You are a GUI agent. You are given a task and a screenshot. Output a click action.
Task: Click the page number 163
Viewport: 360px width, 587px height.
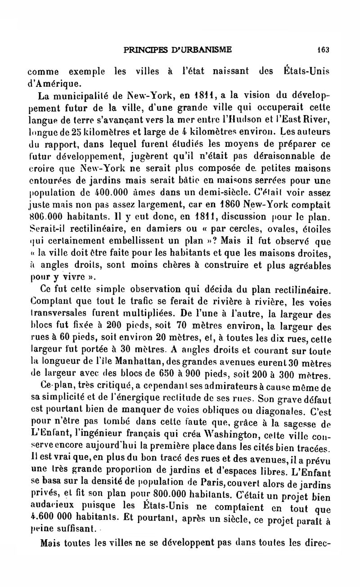323,50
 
